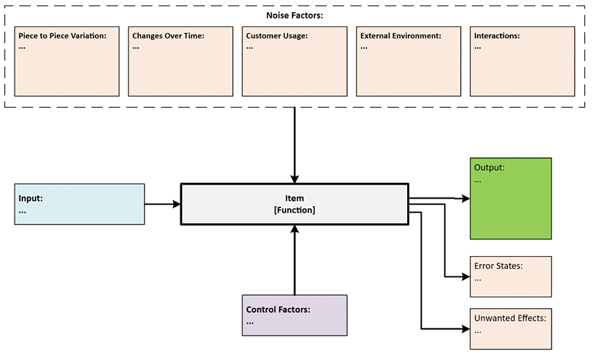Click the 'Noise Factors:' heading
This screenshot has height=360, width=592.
[x=294, y=14]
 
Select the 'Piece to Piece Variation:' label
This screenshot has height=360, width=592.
[x=62, y=36]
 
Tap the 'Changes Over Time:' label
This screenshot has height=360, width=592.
[x=168, y=36]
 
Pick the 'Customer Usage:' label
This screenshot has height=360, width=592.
[x=277, y=36]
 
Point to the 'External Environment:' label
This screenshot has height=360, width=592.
[x=401, y=36]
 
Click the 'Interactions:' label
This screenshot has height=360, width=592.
[x=497, y=36]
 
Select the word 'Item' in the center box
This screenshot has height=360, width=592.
[x=295, y=198]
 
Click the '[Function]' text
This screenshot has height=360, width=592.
[x=295, y=210]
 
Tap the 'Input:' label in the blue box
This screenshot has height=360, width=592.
[x=32, y=198]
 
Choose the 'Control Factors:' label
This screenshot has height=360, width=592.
[x=278, y=309]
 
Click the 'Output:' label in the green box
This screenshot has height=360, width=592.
[x=489, y=168]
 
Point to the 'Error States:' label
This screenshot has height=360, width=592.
[x=499, y=267]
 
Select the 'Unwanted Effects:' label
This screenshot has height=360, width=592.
[x=510, y=319]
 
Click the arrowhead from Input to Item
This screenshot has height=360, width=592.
[x=176, y=205]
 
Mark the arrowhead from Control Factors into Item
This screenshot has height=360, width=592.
[x=295, y=229]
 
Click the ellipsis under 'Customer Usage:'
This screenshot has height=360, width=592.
[x=249, y=47]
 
